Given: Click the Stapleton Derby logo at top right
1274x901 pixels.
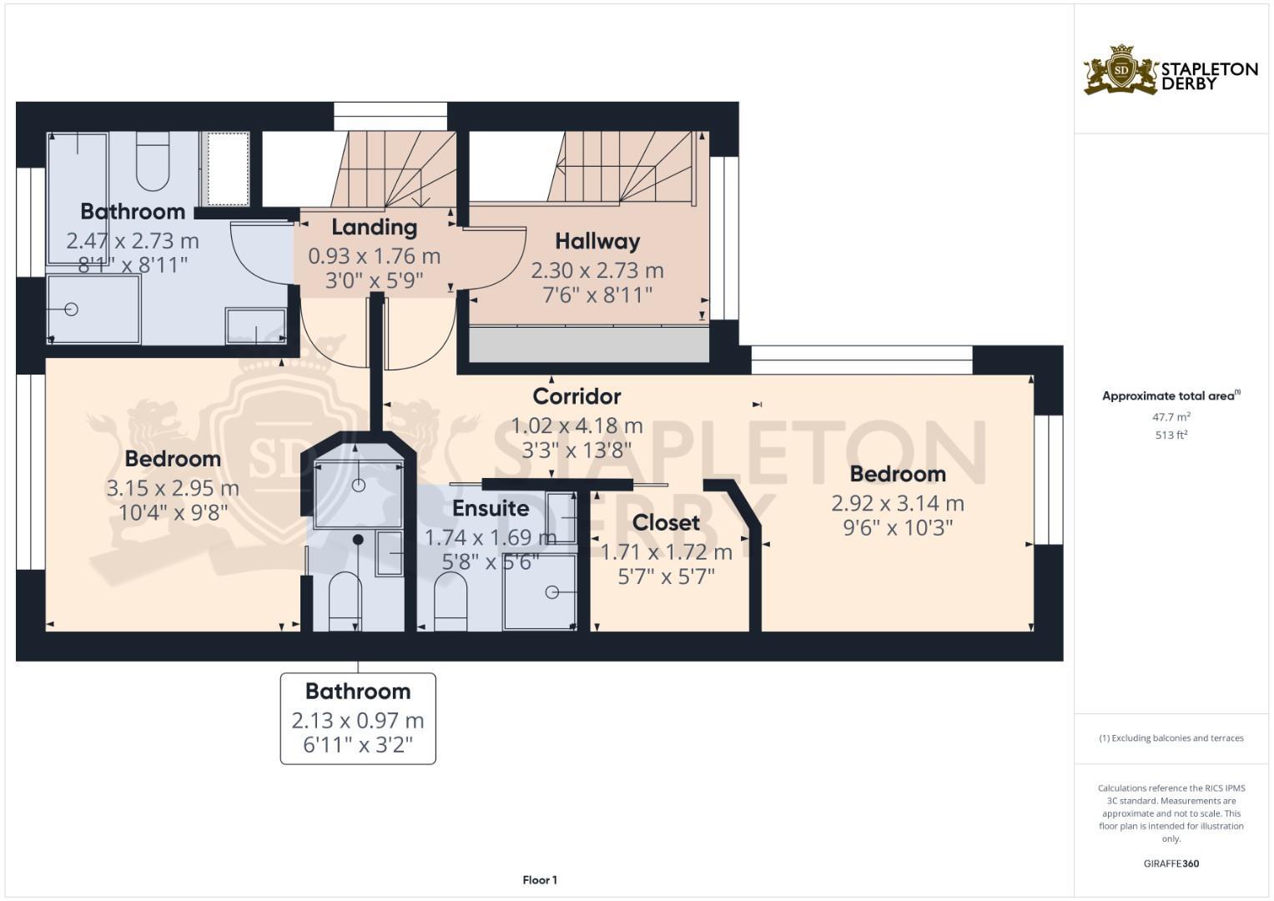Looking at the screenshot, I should [x=1170, y=70].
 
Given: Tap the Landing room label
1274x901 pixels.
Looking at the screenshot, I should [x=374, y=227].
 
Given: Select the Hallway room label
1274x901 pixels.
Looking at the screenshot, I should [x=597, y=241].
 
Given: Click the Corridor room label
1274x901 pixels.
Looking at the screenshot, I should [x=577, y=396].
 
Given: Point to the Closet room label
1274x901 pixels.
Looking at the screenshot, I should [x=666, y=523].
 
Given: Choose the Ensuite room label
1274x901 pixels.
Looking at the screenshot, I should [x=491, y=508].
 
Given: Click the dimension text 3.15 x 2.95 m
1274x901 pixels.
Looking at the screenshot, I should [x=173, y=488].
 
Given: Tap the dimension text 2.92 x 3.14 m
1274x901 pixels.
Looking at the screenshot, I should [x=897, y=503].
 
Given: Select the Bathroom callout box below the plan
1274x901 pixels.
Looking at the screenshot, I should [x=358, y=718].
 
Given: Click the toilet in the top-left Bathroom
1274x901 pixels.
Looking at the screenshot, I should [x=153, y=164].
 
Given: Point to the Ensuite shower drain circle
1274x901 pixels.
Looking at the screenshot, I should [x=551, y=592].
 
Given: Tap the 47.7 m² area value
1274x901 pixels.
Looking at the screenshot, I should [x=1171, y=417].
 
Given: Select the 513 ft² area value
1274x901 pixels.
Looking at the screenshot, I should [x=1171, y=435].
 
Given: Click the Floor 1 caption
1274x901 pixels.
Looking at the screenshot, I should [x=540, y=880].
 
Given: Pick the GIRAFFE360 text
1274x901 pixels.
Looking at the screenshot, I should [x=1171, y=863].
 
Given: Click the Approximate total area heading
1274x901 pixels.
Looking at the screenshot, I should [x=1171, y=396].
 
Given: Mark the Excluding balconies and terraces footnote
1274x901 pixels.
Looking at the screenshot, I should [x=1171, y=738].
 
